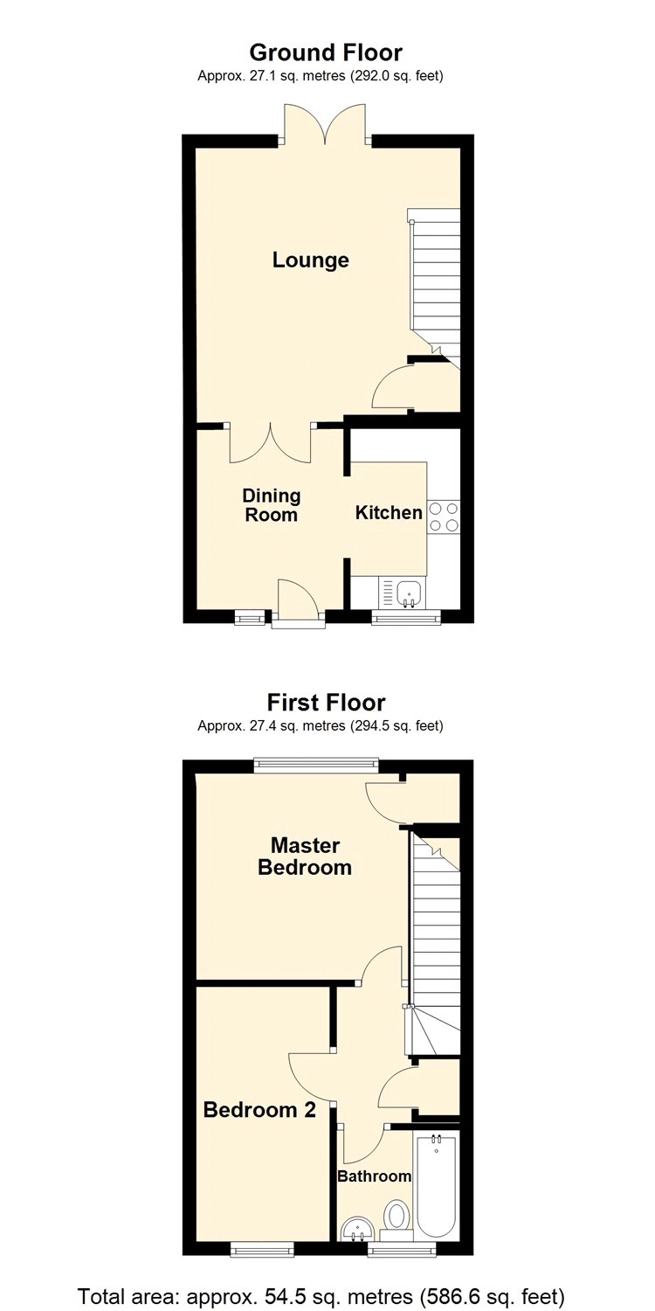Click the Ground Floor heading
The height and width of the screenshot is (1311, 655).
[326, 52]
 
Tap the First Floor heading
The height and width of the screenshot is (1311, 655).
[327, 703]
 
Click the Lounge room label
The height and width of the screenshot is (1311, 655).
[311, 260]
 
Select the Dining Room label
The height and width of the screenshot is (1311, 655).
[272, 505]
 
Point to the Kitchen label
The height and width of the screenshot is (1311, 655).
[389, 513]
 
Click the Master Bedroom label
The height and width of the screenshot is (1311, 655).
[305, 856]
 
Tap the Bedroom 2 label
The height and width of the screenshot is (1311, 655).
[259, 1109]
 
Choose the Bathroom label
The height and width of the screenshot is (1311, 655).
[375, 1176]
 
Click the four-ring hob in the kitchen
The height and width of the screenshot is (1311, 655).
[444, 517]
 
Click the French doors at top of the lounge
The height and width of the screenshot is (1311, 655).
[326, 123]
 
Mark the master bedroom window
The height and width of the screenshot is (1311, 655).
[316, 766]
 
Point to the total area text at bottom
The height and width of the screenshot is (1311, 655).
[321, 1295]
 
